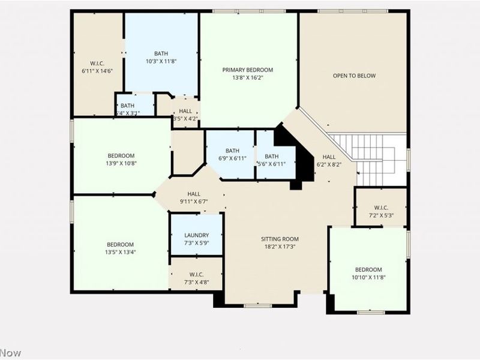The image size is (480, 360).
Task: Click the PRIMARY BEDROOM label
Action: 247,70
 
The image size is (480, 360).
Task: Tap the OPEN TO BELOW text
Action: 354,76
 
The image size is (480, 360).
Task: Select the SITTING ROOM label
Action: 279,238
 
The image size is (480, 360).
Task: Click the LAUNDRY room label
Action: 196,235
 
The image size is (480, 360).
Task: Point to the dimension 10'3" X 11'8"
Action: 161,61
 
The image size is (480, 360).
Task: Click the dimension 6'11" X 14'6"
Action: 97,70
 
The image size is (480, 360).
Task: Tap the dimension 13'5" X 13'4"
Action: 121,252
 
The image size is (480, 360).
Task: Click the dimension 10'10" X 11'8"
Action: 368,277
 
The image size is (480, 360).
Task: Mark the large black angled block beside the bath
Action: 299,156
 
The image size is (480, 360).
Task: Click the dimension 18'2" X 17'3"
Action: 279,246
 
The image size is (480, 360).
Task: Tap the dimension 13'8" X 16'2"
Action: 247,77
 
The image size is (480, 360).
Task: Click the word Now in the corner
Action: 10,353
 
